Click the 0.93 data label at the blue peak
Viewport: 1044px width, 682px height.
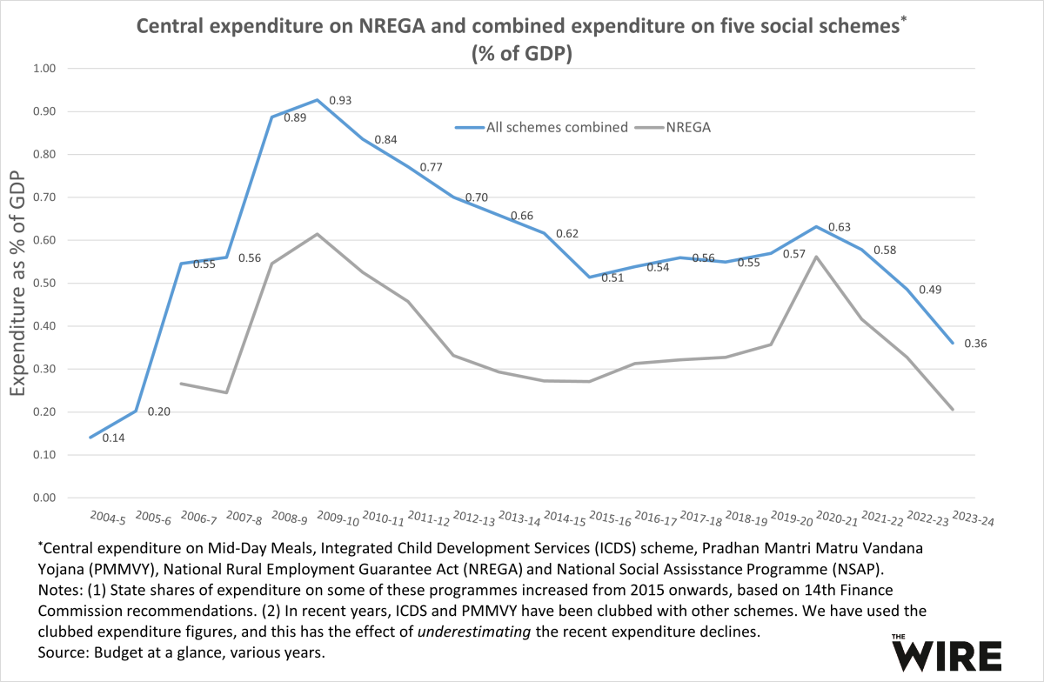tap(340, 102)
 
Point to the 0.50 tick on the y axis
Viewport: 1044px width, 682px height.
tap(43, 284)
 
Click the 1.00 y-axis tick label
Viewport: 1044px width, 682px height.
tap(43, 69)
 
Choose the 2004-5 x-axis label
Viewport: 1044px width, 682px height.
tap(107, 519)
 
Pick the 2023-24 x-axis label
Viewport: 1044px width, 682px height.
tap(973, 519)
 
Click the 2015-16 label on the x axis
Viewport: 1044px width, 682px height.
tap(609, 519)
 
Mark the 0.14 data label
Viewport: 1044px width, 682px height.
tap(114, 438)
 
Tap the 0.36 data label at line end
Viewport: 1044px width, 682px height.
tap(975, 343)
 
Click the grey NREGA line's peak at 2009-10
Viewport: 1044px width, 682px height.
tap(318, 234)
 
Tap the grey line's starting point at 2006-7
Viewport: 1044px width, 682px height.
tap(180, 384)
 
